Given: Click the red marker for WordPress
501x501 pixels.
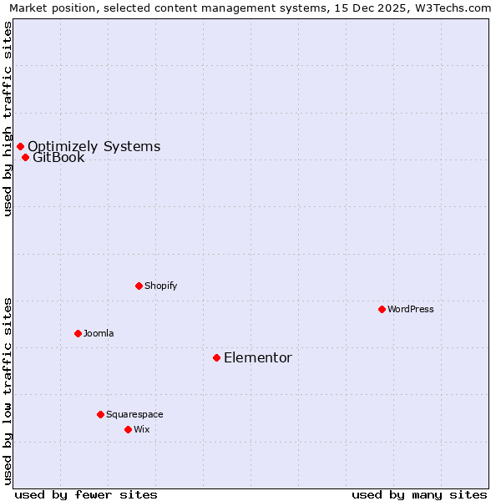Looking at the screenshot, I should [382, 309].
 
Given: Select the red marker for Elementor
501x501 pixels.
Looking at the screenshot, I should [216, 357].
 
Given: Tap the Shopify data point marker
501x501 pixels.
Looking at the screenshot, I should [139, 286].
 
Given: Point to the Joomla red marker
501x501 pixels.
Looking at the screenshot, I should [78, 333].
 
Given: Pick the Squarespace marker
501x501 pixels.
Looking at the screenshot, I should [100, 414].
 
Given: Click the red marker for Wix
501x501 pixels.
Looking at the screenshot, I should [128, 429].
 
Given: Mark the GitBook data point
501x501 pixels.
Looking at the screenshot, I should [25, 157].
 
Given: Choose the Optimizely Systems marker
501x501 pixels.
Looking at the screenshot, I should [20, 146].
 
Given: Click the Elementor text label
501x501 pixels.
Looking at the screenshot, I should [258, 358].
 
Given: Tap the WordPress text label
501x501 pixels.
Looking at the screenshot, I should [411, 309].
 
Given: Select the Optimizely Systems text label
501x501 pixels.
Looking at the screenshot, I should [94, 147].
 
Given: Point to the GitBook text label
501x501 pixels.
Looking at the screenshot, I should [58, 158].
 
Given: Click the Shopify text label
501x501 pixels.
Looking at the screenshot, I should [161, 286].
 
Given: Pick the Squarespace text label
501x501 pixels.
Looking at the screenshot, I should [134, 414].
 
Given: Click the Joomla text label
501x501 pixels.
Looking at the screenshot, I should [99, 333].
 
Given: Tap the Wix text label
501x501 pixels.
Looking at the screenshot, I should [142, 429].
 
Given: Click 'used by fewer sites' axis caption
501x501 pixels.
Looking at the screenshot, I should [86, 494].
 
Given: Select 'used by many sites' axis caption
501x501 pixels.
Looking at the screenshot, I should [419, 494].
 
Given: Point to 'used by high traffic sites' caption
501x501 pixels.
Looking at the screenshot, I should [8, 119].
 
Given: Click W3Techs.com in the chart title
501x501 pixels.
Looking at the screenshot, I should [452, 8].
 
